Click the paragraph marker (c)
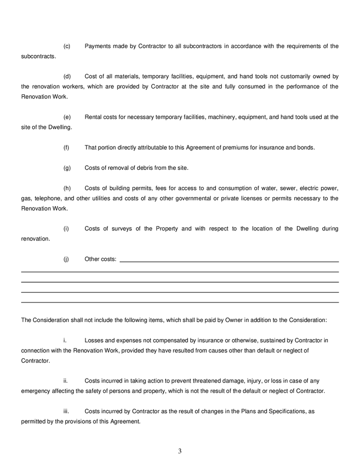(67, 46)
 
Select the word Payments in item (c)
(98, 46)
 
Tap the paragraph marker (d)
(67, 76)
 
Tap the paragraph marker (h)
(67, 188)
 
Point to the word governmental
(189, 198)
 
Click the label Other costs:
(100, 259)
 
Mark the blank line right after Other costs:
(229, 260)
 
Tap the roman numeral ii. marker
(65, 381)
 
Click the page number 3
(180, 451)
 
